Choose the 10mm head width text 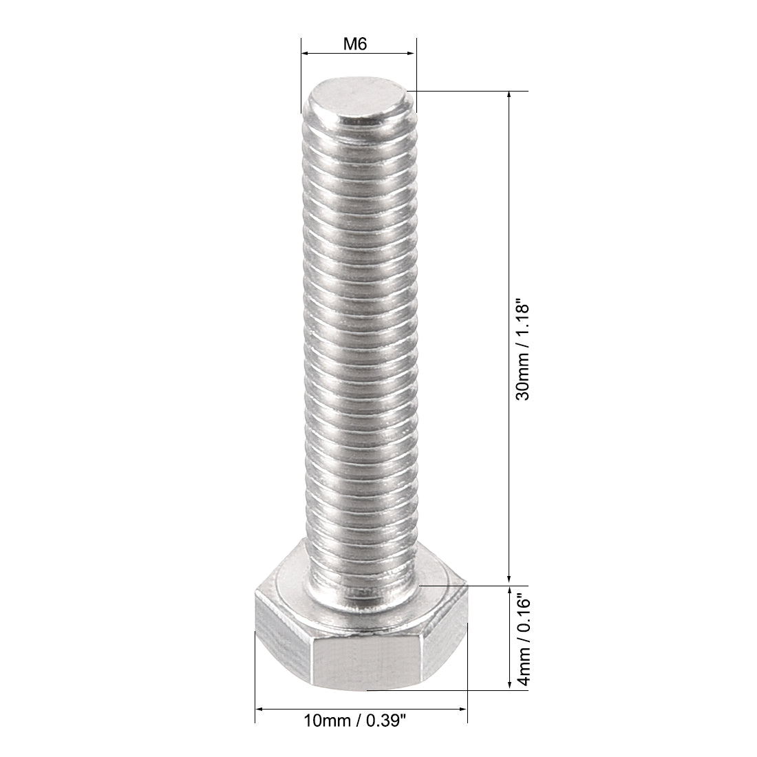tap(327, 721)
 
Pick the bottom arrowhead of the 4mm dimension tap(509, 685)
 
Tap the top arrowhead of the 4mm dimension tap(509, 591)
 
